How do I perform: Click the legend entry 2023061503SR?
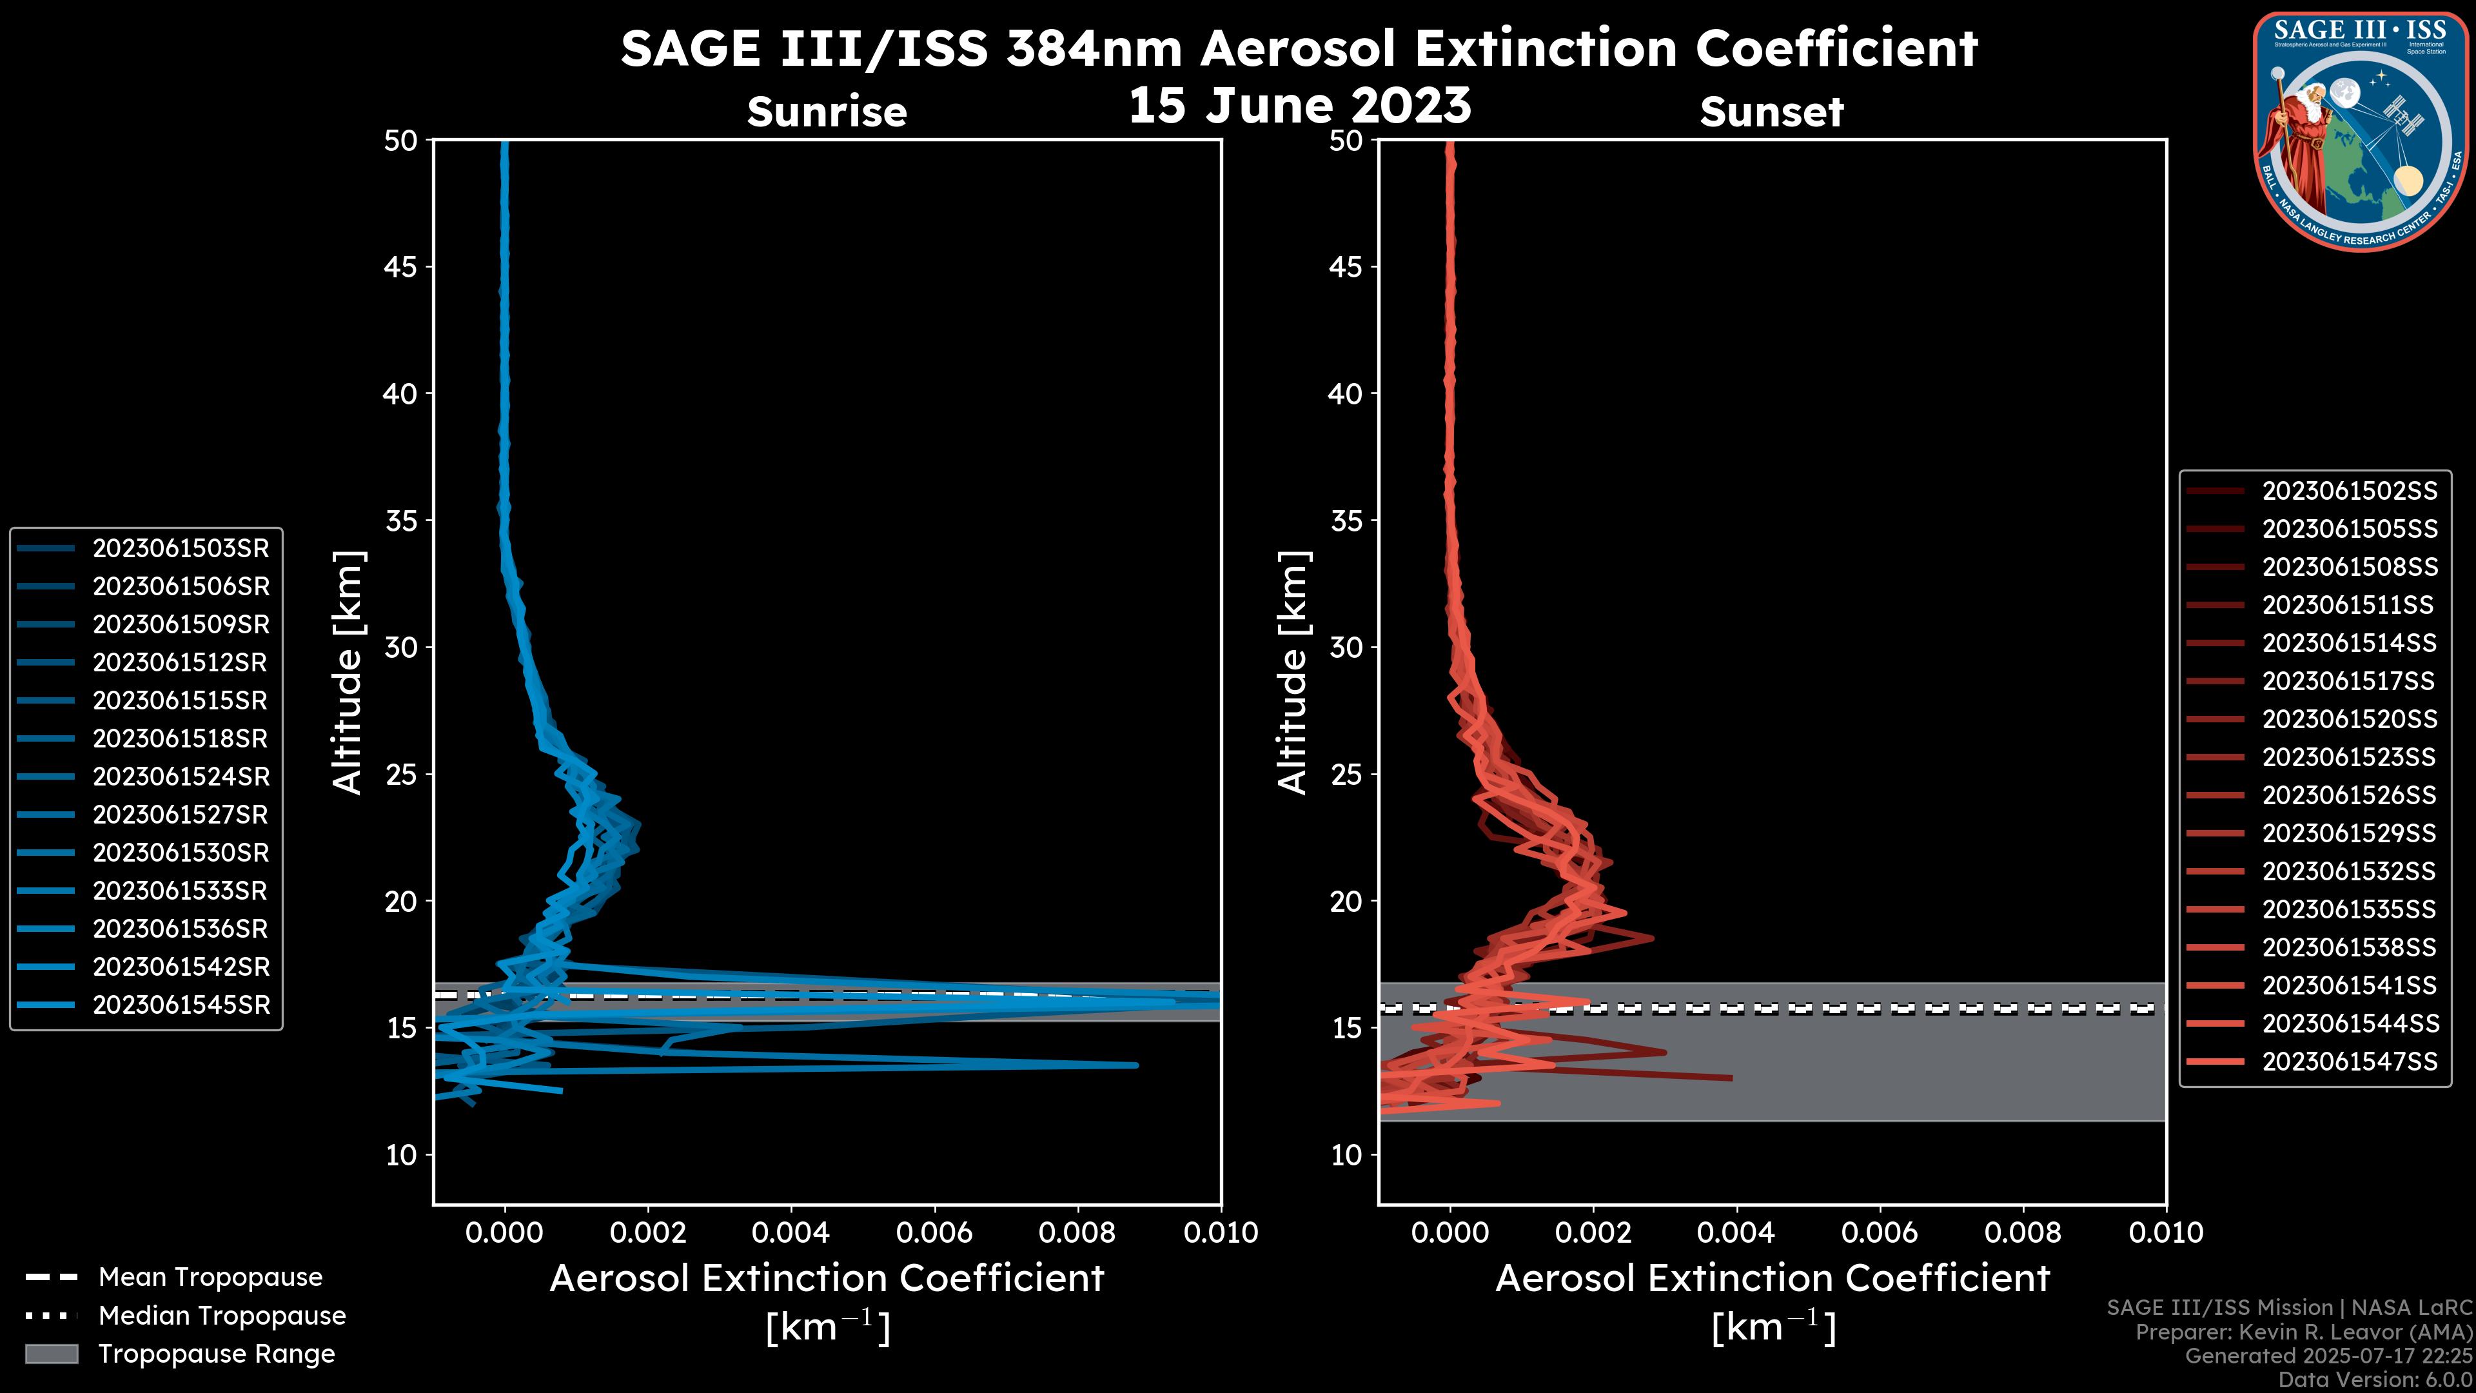181,548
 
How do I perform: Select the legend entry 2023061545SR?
181,1005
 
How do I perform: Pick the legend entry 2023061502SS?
2349,491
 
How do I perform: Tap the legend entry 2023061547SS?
2349,1062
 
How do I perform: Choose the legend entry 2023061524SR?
181,776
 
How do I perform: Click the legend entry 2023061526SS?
2349,795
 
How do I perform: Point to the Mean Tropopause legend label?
210,1277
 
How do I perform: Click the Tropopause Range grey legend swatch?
51,1354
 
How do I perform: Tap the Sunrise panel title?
827,112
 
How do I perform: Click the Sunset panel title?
1771,112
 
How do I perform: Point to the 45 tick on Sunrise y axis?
401,266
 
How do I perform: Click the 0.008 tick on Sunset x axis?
2023,1232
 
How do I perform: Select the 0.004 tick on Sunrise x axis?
791,1232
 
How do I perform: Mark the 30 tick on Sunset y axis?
1346,647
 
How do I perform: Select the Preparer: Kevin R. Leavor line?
2303,1332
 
